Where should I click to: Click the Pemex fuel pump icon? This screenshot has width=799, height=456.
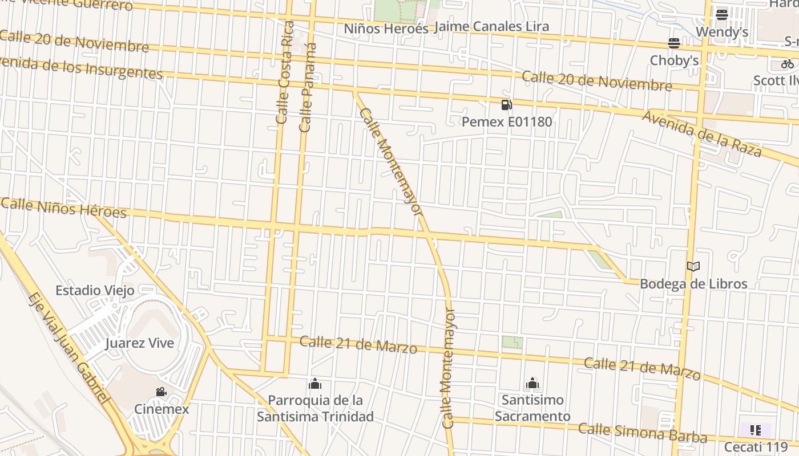pyautogui.click(x=506, y=105)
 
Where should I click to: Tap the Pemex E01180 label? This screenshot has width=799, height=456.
pyautogui.click(x=507, y=121)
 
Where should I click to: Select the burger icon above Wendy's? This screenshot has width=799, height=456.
pyautogui.click(x=722, y=15)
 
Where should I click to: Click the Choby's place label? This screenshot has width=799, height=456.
pyautogui.click(x=674, y=60)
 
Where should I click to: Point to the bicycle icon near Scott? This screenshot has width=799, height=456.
pyautogui.click(x=788, y=64)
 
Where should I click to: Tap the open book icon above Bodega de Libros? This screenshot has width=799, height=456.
pyautogui.click(x=693, y=266)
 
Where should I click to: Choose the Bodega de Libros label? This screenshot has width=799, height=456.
pyautogui.click(x=693, y=284)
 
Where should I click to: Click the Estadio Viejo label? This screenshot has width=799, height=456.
pyautogui.click(x=95, y=291)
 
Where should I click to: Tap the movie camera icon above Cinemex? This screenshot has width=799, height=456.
pyautogui.click(x=162, y=392)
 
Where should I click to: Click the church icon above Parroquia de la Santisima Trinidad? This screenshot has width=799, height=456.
pyautogui.click(x=315, y=384)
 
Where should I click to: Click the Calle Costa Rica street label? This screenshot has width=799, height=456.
pyautogui.click(x=284, y=72)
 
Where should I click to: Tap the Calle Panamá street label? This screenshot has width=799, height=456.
pyautogui.click(x=308, y=87)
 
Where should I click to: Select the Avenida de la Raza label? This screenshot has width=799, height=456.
pyautogui.click(x=701, y=134)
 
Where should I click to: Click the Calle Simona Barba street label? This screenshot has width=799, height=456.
pyautogui.click(x=643, y=433)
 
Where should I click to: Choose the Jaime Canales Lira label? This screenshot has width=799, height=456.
pyautogui.click(x=491, y=27)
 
